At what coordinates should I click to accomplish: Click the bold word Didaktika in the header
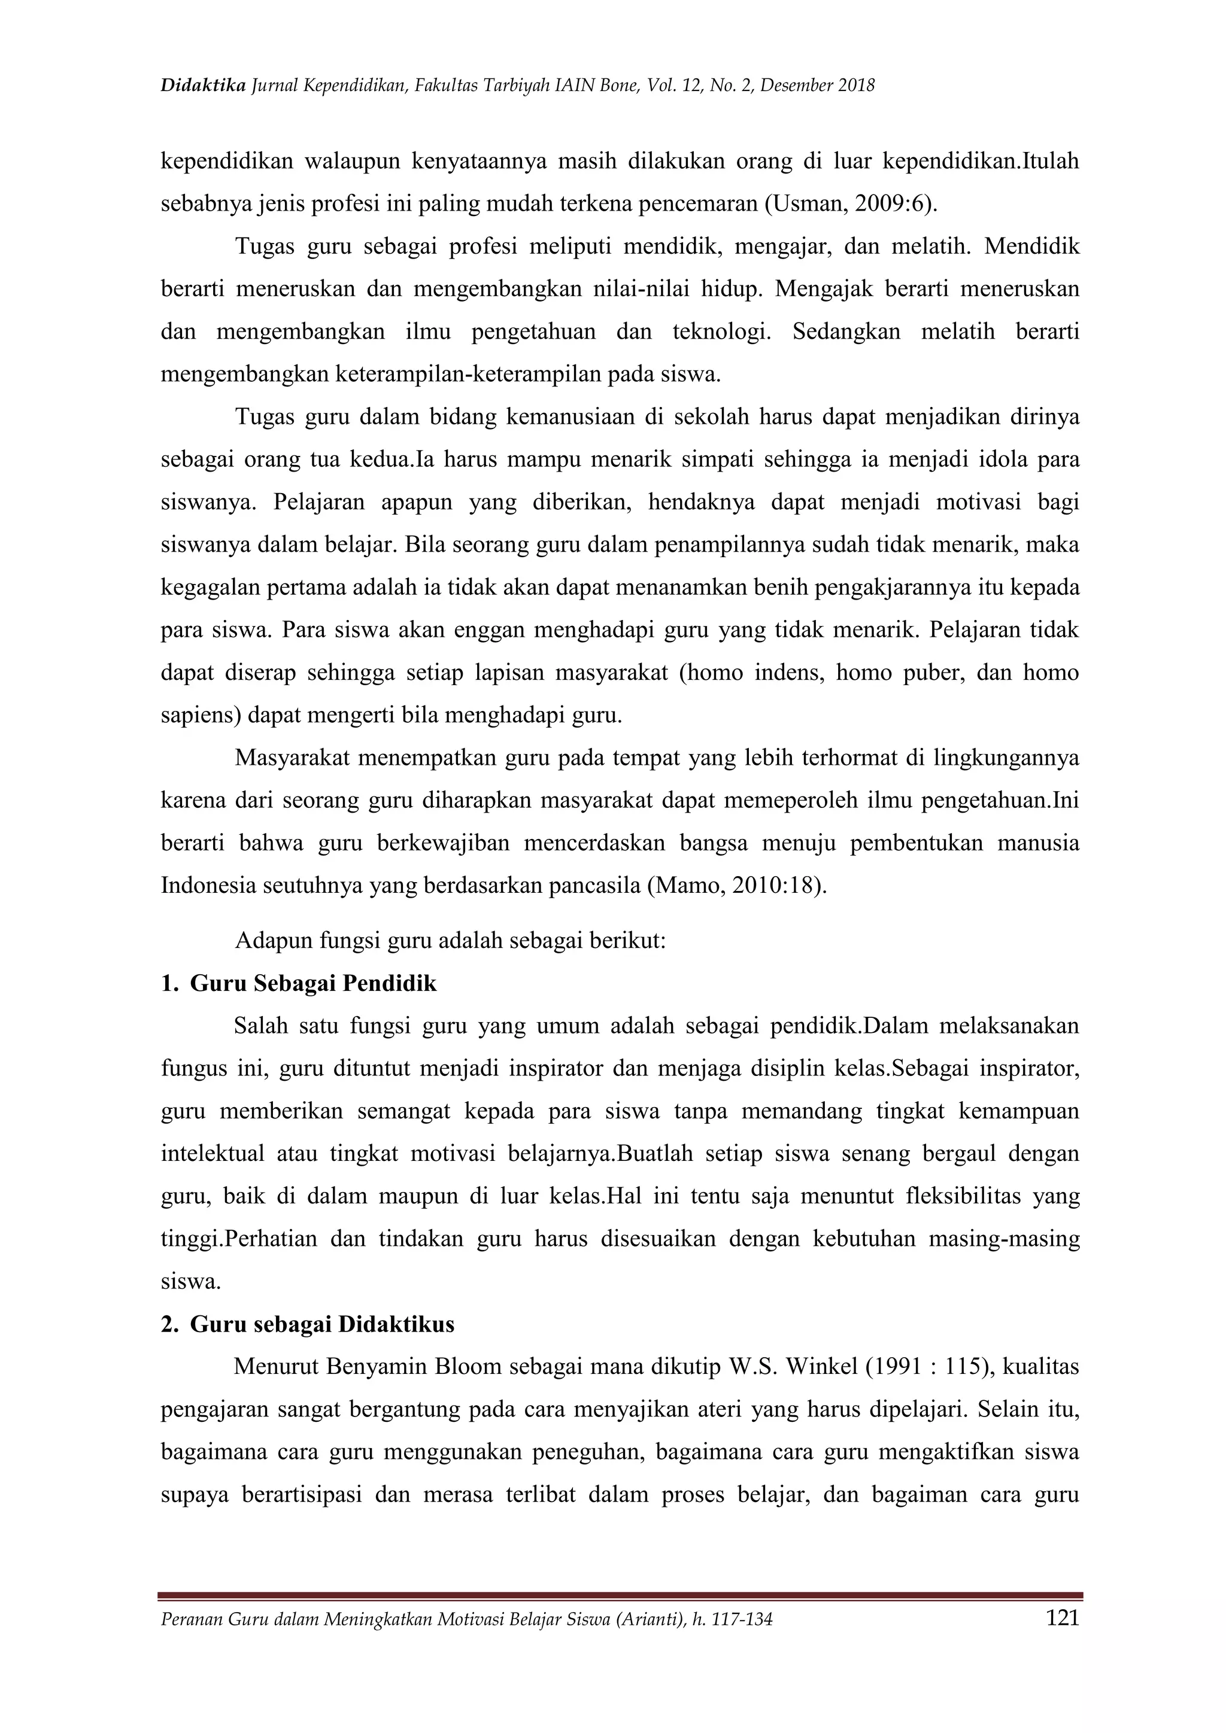point(203,86)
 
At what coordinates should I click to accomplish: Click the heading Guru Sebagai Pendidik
point(313,984)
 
